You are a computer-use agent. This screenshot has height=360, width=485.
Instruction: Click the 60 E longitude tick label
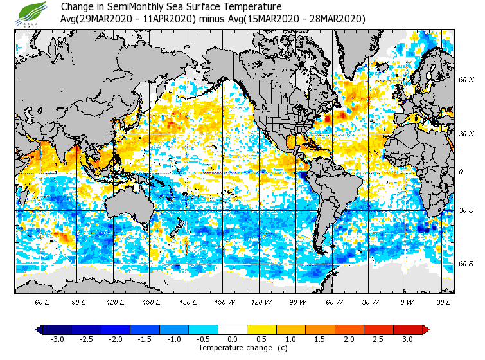point(42,301)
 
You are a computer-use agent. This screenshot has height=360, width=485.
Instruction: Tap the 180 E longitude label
point(188,301)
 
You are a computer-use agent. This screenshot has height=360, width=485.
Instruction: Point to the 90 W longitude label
point(297,301)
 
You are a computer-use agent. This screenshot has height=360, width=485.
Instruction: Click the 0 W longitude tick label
point(407,301)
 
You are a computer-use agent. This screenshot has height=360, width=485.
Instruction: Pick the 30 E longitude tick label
point(444,301)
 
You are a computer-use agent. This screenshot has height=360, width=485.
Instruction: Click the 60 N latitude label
point(466,80)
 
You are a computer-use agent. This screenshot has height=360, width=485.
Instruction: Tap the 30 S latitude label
point(466,210)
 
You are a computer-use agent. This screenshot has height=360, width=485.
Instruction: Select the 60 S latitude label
point(466,264)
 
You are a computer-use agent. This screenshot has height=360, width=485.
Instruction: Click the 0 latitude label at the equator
point(461,172)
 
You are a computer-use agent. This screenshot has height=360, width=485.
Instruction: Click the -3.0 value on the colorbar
point(57,339)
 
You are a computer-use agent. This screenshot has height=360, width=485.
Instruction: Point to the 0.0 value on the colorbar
point(233,339)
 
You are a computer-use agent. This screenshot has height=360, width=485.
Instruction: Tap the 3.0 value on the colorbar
point(407,339)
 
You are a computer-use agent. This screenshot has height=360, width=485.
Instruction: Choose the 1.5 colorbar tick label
point(320,339)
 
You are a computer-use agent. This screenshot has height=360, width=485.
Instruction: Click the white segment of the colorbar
point(233,329)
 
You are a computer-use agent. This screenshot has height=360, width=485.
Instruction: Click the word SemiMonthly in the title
point(136,7)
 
